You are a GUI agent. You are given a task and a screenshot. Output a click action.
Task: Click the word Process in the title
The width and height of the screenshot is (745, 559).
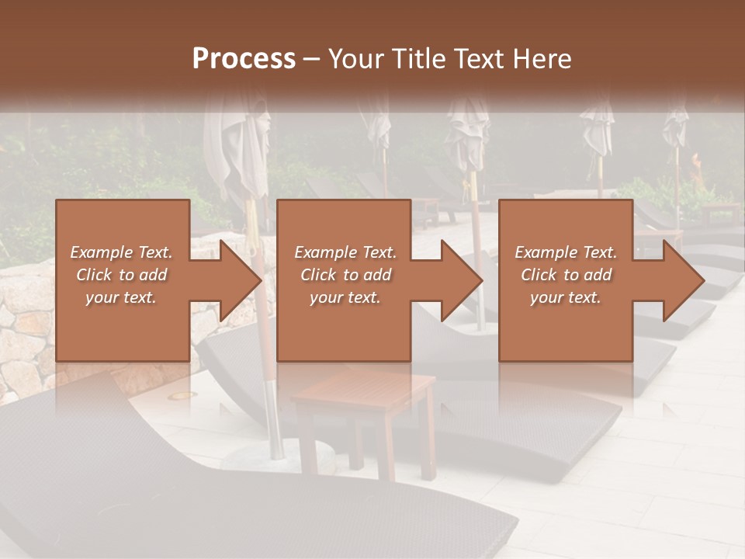point(244,59)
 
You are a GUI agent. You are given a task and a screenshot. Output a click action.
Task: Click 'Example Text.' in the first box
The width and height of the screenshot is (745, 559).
point(121,252)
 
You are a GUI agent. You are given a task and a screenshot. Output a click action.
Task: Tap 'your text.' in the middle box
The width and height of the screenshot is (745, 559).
point(345,297)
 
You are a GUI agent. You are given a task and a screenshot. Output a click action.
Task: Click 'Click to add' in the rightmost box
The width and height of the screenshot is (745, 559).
point(566,275)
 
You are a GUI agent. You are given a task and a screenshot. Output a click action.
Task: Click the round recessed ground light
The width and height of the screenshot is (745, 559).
point(181,396)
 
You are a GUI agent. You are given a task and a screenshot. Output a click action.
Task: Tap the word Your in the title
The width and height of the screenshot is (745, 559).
point(354,59)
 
